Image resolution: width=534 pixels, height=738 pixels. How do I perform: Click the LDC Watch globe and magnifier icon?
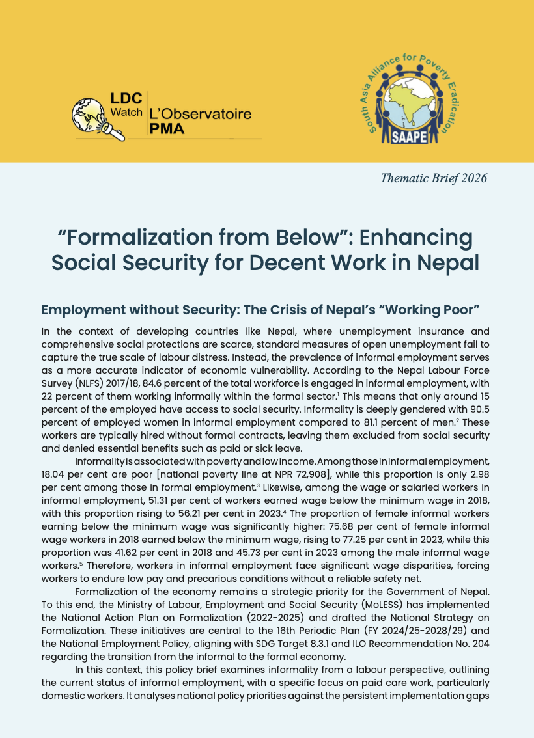coord(91,118)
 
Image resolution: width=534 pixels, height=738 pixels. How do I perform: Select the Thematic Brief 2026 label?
coord(434,178)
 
